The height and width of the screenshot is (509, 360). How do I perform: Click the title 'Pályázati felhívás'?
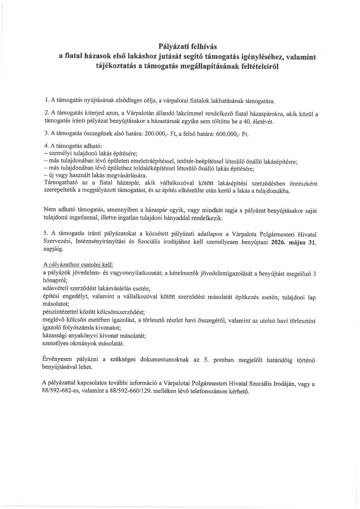[x=188, y=46]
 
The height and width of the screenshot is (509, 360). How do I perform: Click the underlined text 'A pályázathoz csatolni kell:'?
[x=78, y=265]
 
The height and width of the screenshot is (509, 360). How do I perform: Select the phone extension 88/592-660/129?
[x=131, y=391]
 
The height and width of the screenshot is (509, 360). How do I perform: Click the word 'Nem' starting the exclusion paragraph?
[x=48, y=210]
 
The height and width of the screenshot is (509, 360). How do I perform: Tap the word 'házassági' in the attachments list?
[x=53, y=336]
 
